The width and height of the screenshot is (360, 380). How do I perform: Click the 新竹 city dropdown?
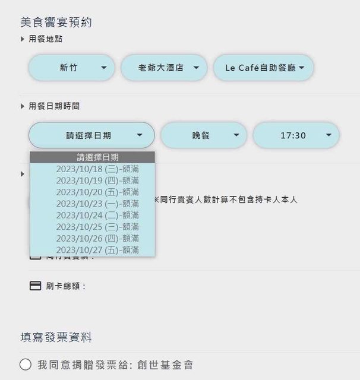point(71,68)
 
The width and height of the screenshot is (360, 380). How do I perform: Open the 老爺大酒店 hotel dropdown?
point(164,68)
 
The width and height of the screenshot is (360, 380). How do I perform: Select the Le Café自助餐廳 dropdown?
point(263,68)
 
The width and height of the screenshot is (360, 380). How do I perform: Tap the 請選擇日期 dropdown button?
point(91,135)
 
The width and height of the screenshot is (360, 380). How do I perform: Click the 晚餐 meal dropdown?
point(203,135)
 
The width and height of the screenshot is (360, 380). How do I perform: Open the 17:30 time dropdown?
point(296,135)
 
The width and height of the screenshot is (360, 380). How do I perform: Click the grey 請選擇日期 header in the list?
point(92,157)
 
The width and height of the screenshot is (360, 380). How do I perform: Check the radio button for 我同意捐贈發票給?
point(26,364)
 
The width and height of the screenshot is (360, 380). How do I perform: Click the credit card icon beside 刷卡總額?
point(36,286)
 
